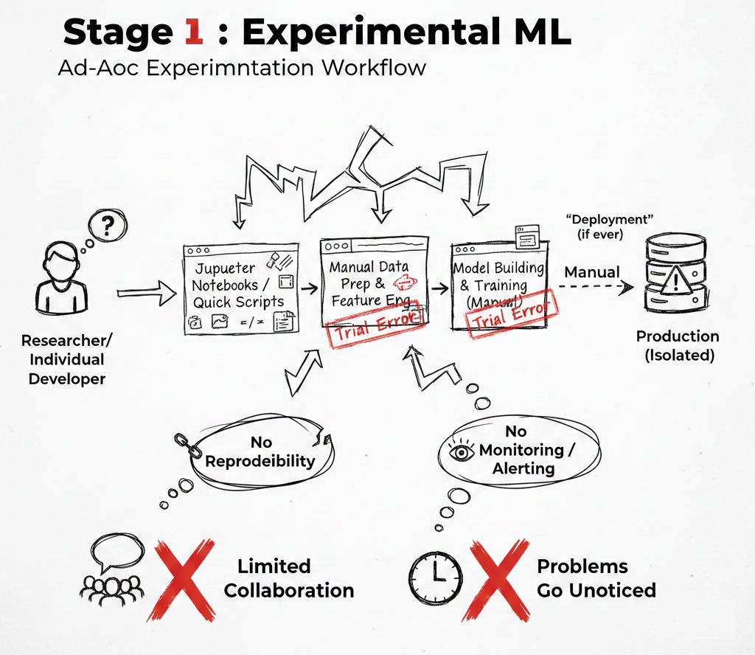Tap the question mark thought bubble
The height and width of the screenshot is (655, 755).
[x=108, y=226]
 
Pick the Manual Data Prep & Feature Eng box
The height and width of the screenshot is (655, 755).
[x=374, y=284]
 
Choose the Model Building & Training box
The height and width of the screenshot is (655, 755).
[x=498, y=284]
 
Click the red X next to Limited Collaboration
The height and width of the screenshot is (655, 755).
[x=181, y=578]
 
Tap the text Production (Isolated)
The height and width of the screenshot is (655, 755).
[x=678, y=345]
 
